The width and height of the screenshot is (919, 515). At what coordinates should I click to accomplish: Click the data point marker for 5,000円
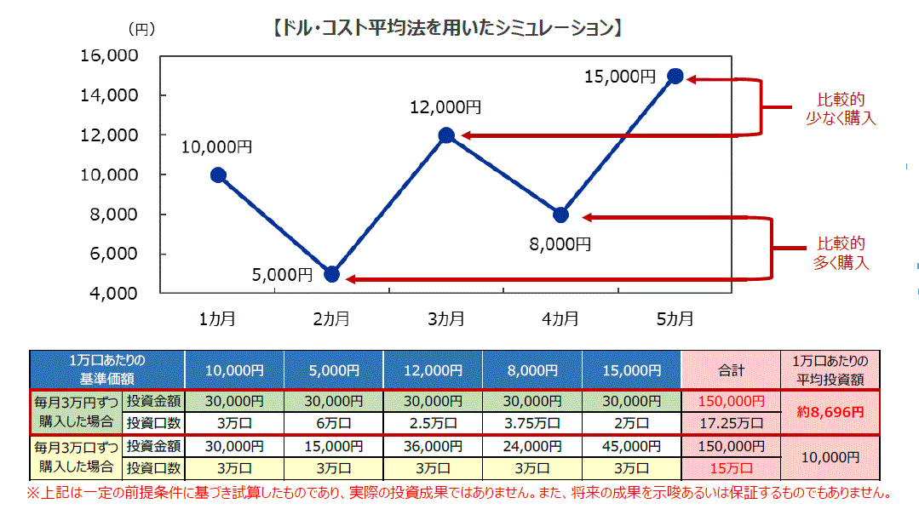[x=332, y=274]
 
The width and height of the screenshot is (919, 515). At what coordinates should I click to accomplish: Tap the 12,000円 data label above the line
[x=445, y=107]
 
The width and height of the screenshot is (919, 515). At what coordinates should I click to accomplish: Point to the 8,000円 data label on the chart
[x=560, y=243]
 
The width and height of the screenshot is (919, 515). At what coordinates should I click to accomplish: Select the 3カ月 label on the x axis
[x=446, y=319]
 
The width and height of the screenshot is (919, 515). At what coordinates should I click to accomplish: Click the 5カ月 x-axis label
[x=675, y=319]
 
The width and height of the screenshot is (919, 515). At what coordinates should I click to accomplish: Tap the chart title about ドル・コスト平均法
[x=446, y=28]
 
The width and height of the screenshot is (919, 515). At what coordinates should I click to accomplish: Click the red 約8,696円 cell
[x=830, y=411]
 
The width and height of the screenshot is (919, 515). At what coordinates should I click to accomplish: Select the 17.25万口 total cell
[x=731, y=423]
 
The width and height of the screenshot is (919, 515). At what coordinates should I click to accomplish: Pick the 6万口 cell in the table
[x=333, y=423]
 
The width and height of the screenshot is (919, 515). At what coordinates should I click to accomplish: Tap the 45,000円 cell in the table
[x=631, y=446]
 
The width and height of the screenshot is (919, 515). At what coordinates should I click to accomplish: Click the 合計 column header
[x=731, y=370]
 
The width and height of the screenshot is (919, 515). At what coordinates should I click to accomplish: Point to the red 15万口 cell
[x=731, y=467]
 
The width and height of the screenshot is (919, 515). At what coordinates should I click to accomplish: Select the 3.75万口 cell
[x=531, y=423]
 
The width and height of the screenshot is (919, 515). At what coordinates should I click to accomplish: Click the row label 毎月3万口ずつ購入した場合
[x=75, y=456]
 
